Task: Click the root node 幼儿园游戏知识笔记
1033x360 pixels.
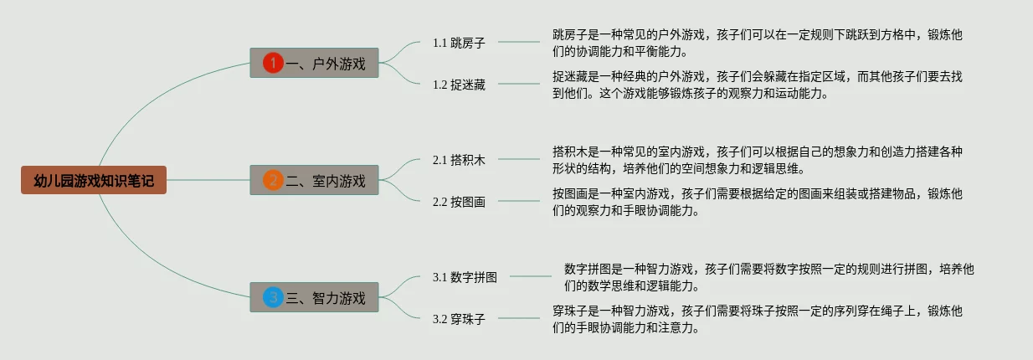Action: [x=94, y=180]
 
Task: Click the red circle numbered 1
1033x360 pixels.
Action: [x=273, y=63]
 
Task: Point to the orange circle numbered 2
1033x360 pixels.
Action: [x=273, y=180]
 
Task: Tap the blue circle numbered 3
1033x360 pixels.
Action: [x=273, y=296]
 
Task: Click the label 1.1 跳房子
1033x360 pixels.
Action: [x=459, y=42]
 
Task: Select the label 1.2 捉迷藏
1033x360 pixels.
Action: [x=459, y=84]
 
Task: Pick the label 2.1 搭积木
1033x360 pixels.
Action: [x=459, y=159]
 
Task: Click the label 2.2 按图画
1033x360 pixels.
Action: [x=459, y=202]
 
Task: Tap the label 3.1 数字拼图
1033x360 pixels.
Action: [x=465, y=277]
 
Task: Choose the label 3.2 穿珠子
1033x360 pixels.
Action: [x=459, y=319]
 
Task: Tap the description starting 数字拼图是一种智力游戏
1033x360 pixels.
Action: [x=768, y=277]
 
